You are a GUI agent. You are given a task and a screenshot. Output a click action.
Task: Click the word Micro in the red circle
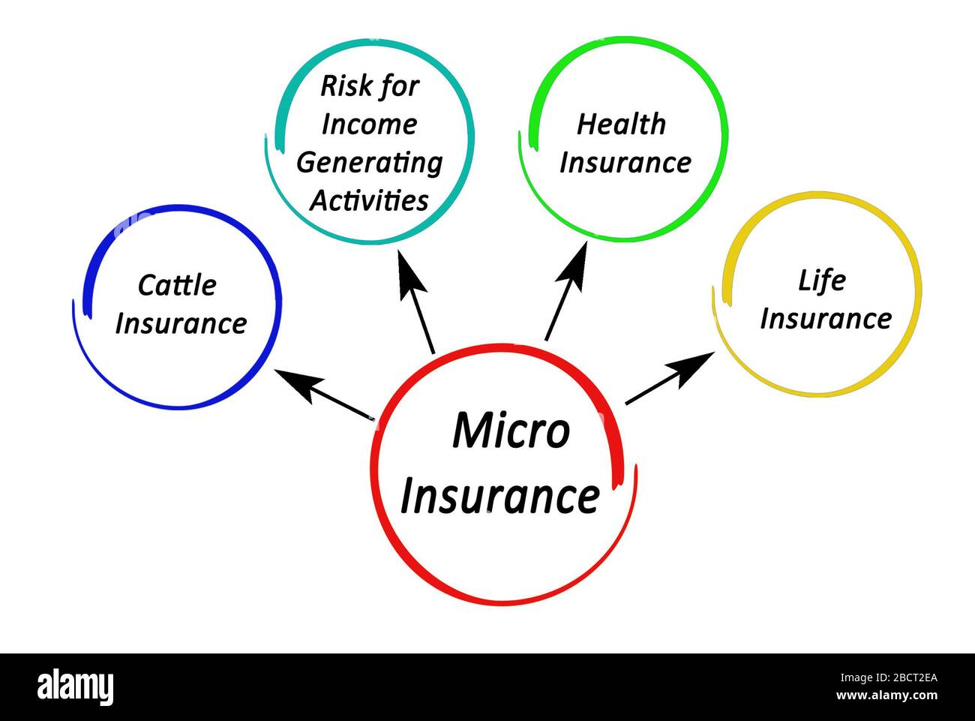coord(511,431)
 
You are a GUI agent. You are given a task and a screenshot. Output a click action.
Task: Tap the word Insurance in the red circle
coord(500,497)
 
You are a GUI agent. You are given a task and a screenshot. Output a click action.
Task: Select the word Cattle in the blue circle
coord(177,285)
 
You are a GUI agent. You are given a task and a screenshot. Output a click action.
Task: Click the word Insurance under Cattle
coord(181,324)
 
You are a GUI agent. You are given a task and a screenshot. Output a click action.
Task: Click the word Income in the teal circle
coord(369,125)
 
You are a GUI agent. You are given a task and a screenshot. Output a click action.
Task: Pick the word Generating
coord(369,163)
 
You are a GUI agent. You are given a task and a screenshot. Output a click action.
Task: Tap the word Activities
coord(369,200)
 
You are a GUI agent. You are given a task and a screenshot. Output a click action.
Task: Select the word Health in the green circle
coord(621,125)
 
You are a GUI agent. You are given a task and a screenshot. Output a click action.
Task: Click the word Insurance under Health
coord(625,163)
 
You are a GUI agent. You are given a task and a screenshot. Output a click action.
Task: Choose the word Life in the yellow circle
coord(821,281)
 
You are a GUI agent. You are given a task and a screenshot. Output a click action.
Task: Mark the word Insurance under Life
coord(825,319)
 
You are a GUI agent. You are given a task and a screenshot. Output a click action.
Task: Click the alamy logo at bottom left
coord(75,687)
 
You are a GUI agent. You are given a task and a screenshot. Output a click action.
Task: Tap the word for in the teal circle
coord(398,86)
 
